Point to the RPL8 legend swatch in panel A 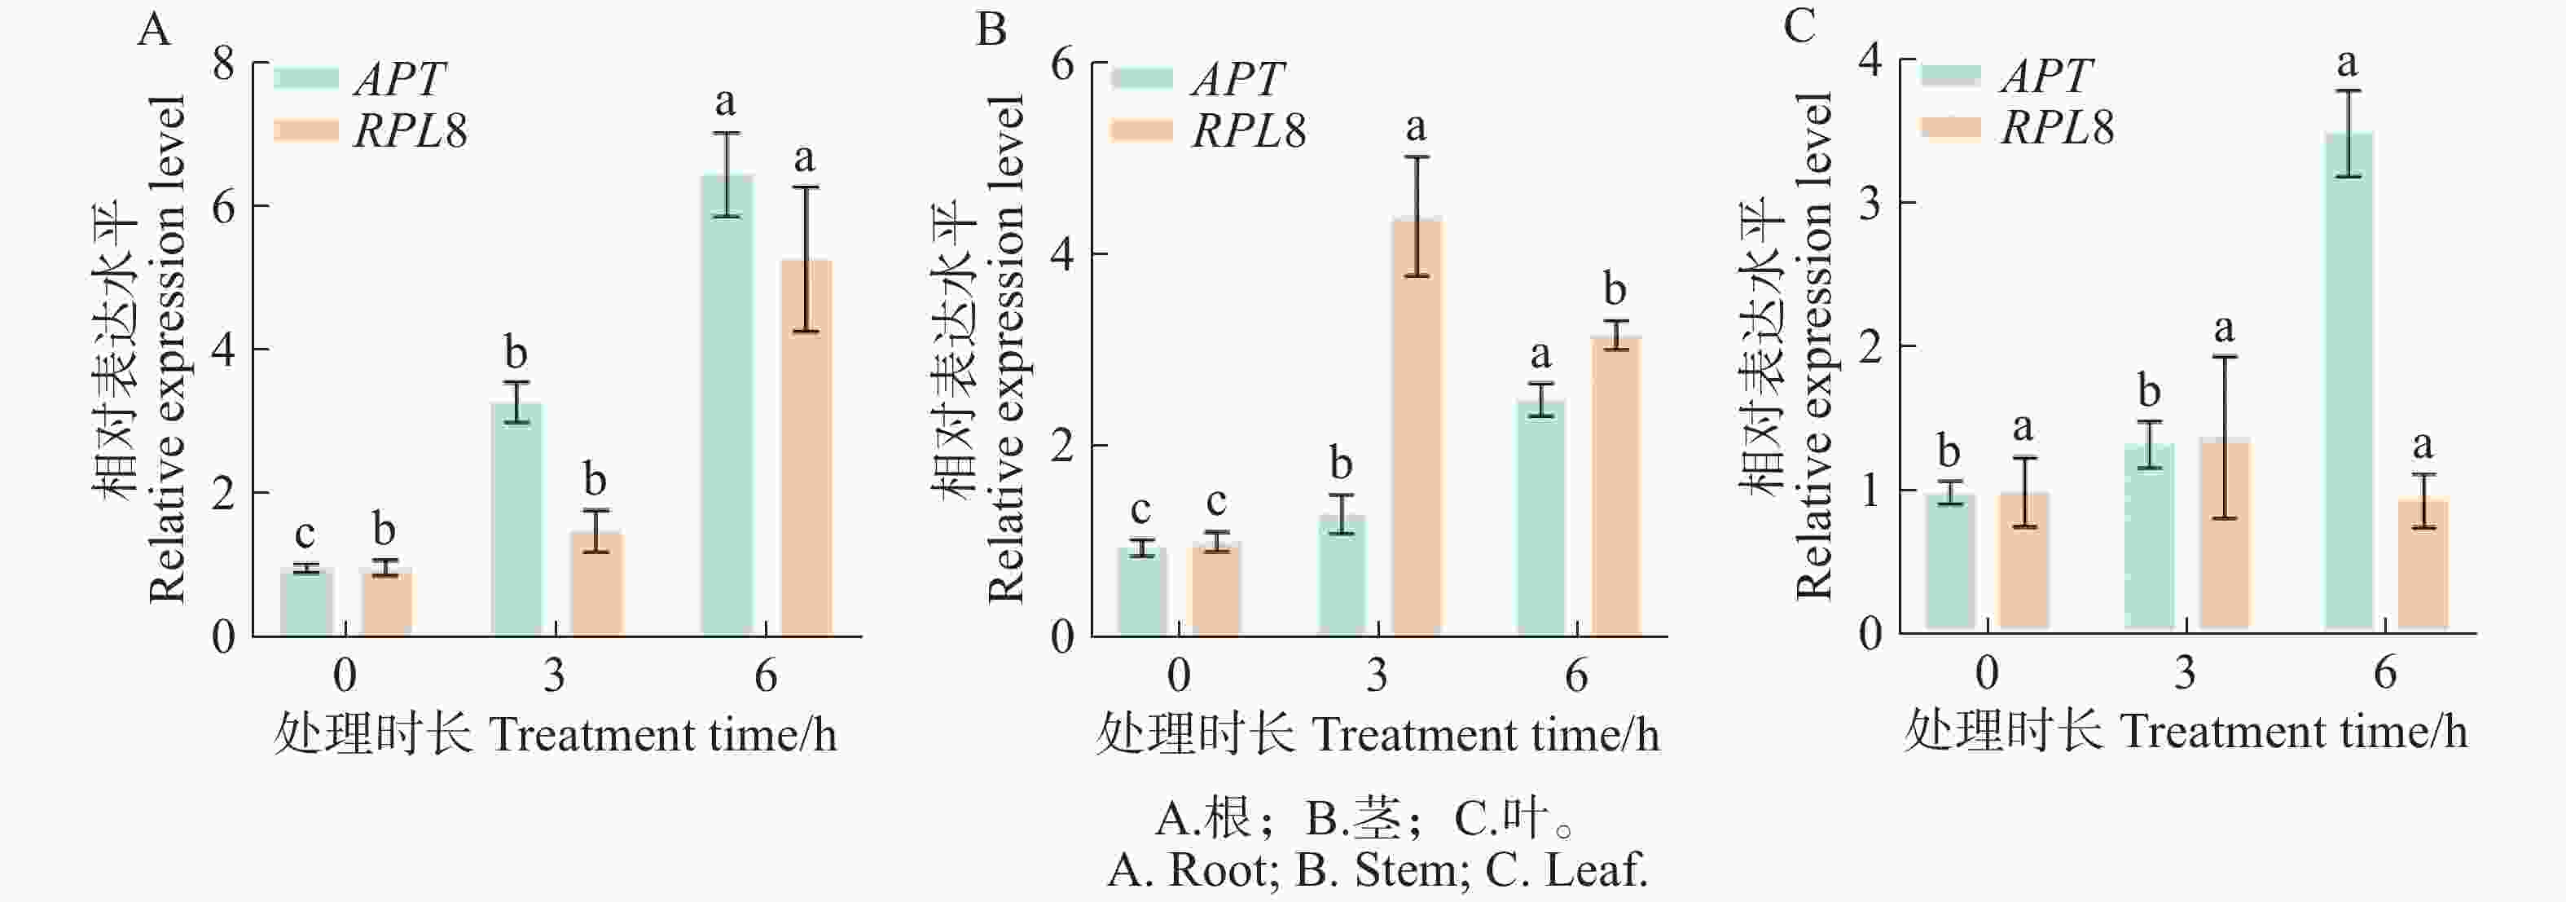[x=305, y=130]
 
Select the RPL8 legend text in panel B [x=1249, y=130]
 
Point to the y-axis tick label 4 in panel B [x=1062, y=254]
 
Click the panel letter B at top [x=991, y=30]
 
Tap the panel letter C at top [x=1799, y=27]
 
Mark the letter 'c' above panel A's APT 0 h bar [x=305, y=535]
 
